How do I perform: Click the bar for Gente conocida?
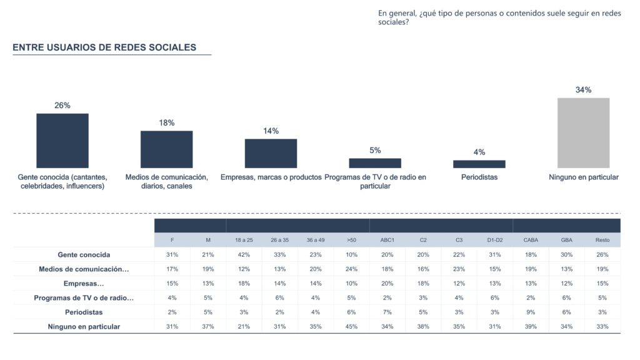pyautogui.click(x=62, y=141)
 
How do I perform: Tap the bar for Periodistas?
pyautogui.click(x=479, y=164)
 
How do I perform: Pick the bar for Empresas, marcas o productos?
pyautogui.click(x=271, y=153)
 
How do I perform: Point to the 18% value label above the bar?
pyautogui.click(x=166, y=123)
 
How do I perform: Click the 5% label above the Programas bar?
pyautogui.click(x=375, y=151)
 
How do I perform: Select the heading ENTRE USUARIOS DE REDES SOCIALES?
pyautogui.click(x=104, y=47)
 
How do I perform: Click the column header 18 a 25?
pyautogui.click(x=244, y=240)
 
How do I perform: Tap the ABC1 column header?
pyautogui.click(x=387, y=240)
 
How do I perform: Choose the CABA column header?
pyautogui.click(x=531, y=240)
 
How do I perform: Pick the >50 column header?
pyautogui.click(x=352, y=240)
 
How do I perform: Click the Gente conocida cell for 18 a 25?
pyautogui.click(x=244, y=254)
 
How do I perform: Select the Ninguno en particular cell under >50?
pyautogui.click(x=352, y=326)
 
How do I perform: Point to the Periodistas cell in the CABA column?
pyautogui.click(x=531, y=312)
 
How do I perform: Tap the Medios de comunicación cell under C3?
pyautogui.click(x=459, y=269)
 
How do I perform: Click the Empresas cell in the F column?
pyautogui.click(x=172, y=283)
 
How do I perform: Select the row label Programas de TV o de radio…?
pyautogui.click(x=84, y=297)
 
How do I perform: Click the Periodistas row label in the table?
pyautogui.click(x=84, y=312)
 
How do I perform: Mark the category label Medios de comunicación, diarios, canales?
pyautogui.click(x=166, y=181)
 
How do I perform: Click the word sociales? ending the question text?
pyautogui.click(x=394, y=22)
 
